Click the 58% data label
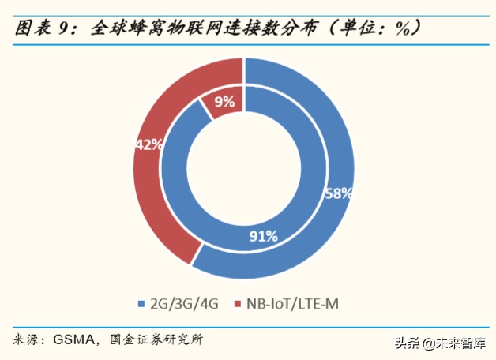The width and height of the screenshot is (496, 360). pos(337,193)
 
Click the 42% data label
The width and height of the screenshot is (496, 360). pos(148,144)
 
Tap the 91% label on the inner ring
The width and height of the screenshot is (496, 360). pos(263,235)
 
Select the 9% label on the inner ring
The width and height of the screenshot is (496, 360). pos(224,100)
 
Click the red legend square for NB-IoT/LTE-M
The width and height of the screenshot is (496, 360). pos(237,303)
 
